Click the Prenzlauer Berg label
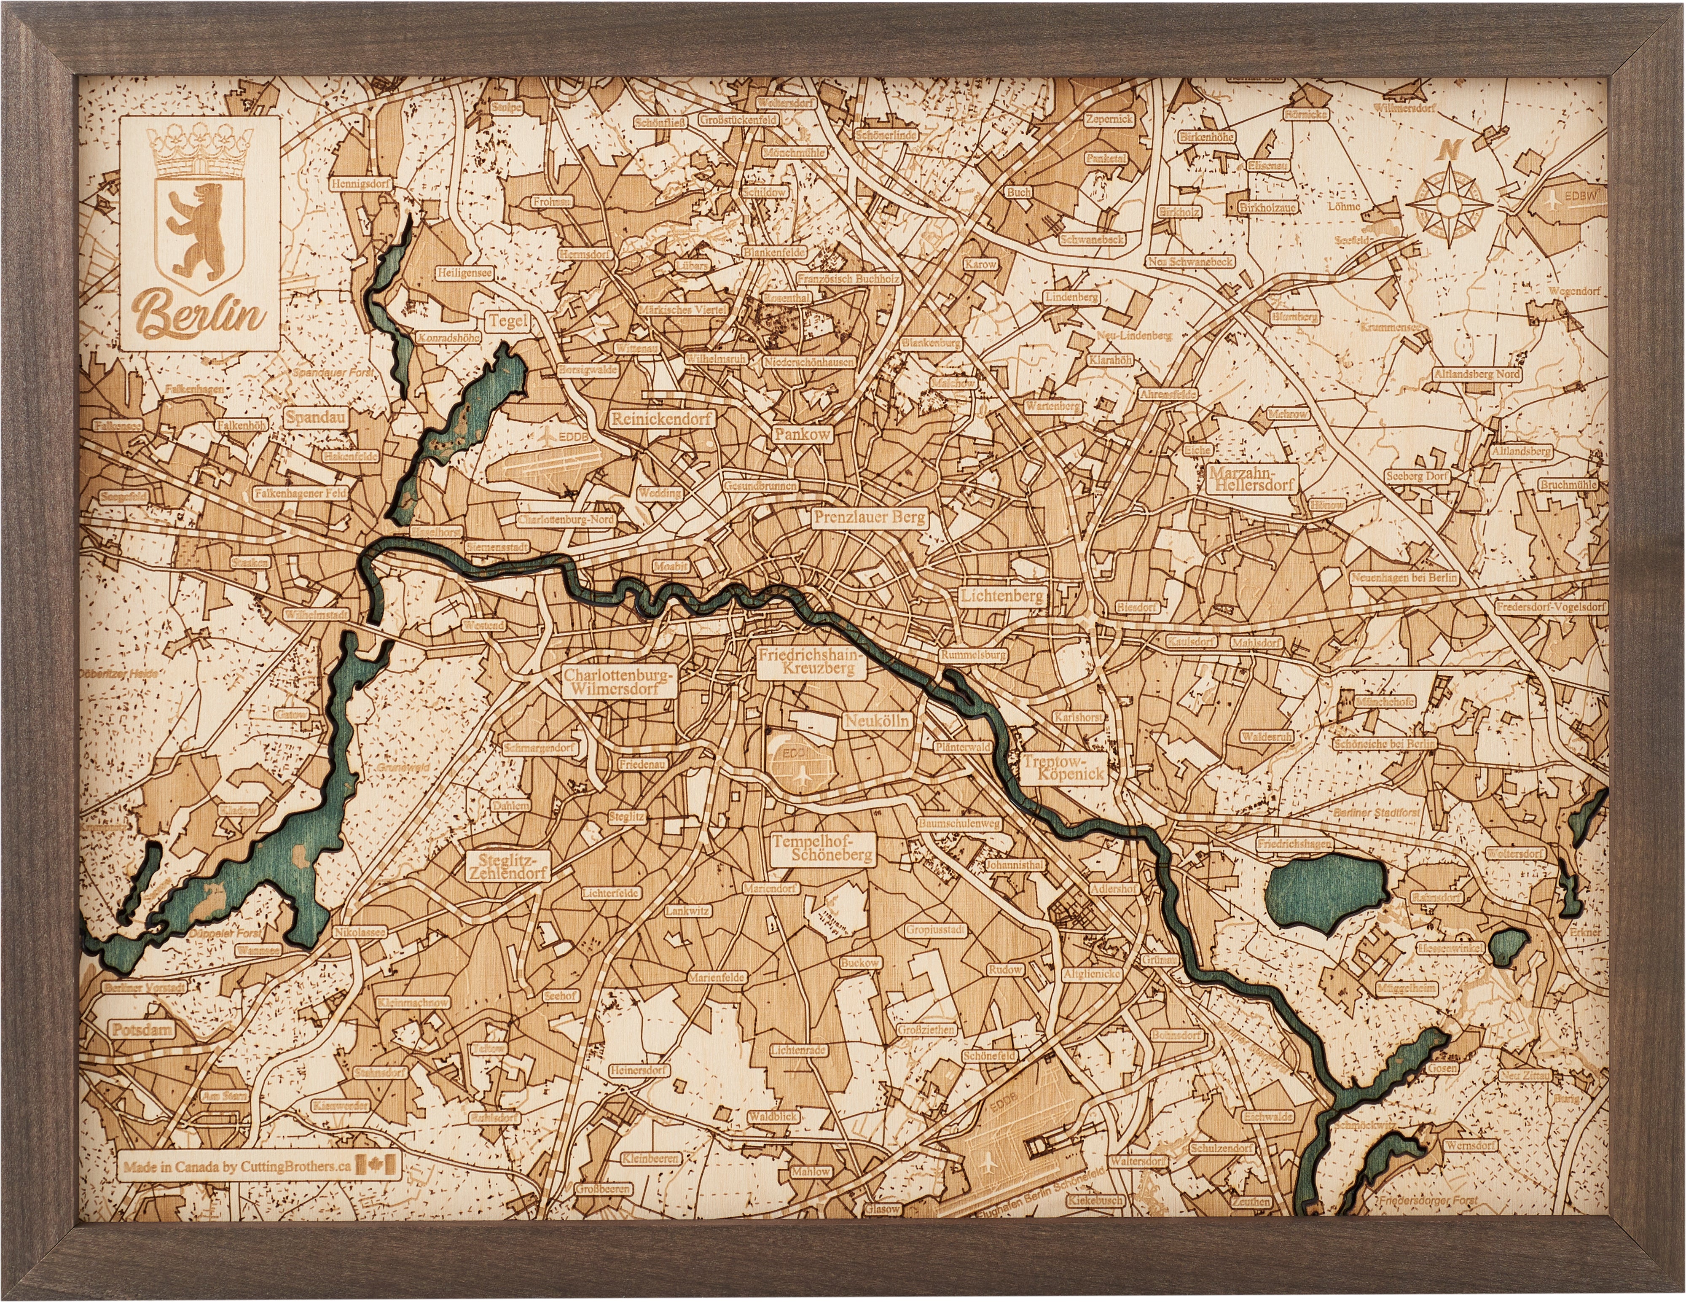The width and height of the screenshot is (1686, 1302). coord(868,518)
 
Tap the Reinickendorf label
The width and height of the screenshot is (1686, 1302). coord(663,419)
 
